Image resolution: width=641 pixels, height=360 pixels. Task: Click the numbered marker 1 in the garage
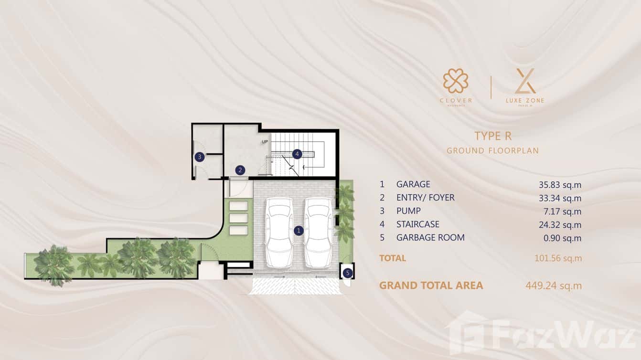tap(299, 231)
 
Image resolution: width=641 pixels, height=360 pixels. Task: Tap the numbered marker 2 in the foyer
tap(240, 169)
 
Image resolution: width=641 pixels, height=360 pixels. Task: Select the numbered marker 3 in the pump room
tap(200, 157)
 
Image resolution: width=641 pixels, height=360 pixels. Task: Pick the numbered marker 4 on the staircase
tap(297, 154)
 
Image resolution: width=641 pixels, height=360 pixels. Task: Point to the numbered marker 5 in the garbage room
tap(347, 273)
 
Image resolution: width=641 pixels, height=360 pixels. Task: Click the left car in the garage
tap(279, 232)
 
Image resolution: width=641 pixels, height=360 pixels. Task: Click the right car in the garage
tap(318, 232)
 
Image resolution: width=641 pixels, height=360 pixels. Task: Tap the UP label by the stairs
tap(265, 142)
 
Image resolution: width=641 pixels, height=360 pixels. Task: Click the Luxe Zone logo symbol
tap(525, 81)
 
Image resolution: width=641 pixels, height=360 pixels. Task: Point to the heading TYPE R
tap(493, 136)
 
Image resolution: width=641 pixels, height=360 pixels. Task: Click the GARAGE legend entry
tap(413, 184)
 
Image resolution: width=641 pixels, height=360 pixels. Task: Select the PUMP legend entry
tap(408, 211)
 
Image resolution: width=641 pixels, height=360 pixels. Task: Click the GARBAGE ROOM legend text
tap(430, 238)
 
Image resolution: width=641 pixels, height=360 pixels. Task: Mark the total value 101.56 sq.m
tap(558, 258)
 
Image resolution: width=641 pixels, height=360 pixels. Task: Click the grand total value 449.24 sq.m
tap(554, 286)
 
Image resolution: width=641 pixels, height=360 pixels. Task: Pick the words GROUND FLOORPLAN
tap(492, 151)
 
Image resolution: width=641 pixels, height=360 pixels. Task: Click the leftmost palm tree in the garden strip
tap(54, 265)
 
